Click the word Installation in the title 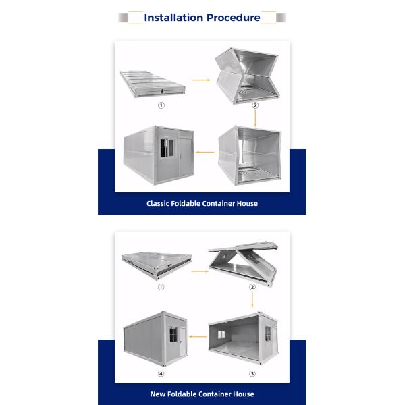click(173, 18)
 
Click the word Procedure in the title click(234, 18)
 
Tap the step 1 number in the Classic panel click(161, 105)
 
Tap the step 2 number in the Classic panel click(255, 105)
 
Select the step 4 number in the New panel click(161, 374)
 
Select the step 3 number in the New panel click(252, 374)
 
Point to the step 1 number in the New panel click(161, 287)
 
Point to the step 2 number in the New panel click(252, 287)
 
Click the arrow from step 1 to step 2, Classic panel click(201, 80)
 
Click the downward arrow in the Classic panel click(255, 118)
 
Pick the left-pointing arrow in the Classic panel click(205, 152)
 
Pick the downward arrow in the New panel click(252, 300)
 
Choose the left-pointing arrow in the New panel click(198, 337)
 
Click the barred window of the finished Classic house click(167, 148)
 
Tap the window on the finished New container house click(173, 334)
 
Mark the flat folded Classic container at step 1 click(153, 84)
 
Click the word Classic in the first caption click(157, 204)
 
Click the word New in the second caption click(157, 394)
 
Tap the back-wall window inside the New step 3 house click(221, 335)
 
